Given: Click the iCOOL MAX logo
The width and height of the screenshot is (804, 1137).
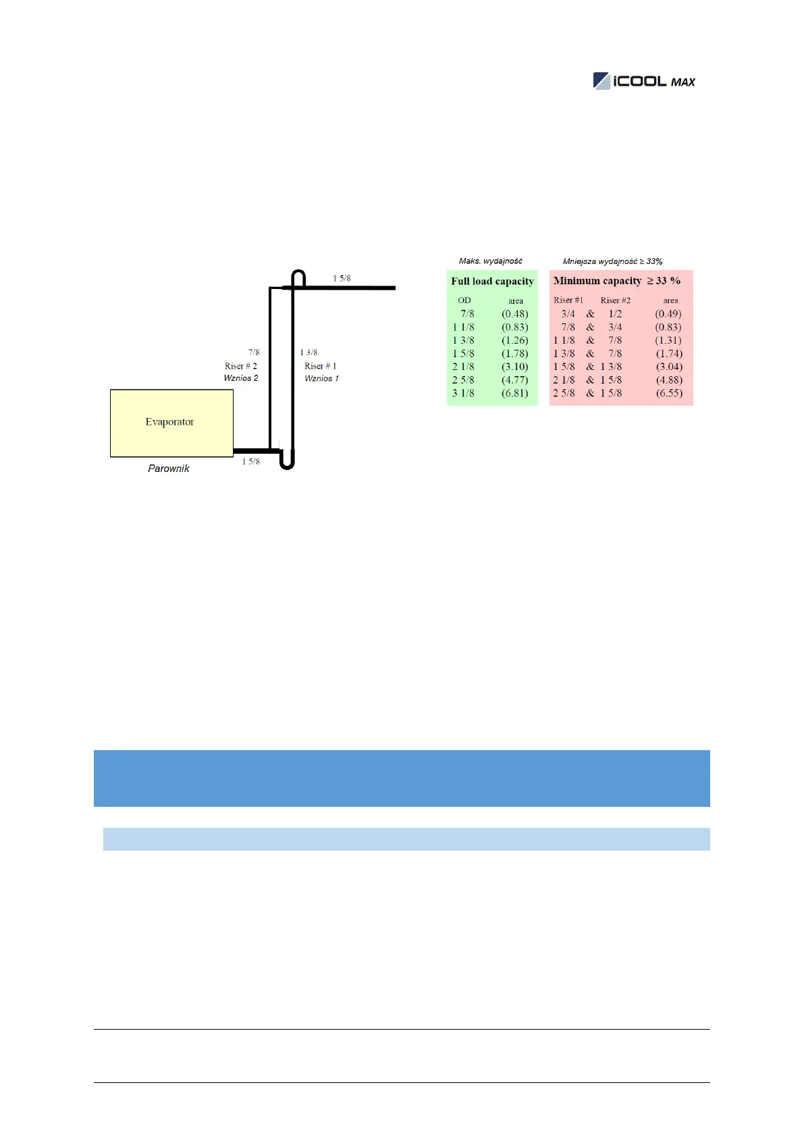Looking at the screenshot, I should pyautogui.click(x=644, y=81).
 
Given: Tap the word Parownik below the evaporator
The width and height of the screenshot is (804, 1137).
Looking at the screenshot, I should pyautogui.click(x=169, y=469).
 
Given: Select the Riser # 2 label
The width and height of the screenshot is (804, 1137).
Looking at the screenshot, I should pyautogui.click(x=241, y=366).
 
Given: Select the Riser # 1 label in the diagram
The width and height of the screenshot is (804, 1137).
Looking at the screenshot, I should pyautogui.click(x=321, y=366).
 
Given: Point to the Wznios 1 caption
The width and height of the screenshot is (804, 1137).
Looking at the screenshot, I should pyautogui.click(x=321, y=378).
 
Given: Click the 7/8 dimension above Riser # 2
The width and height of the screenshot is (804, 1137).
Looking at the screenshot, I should pyautogui.click(x=254, y=352).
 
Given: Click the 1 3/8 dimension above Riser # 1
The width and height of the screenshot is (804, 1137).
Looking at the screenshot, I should pyautogui.click(x=309, y=352).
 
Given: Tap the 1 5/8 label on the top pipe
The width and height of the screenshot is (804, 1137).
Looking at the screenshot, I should pyautogui.click(x=342, y=278).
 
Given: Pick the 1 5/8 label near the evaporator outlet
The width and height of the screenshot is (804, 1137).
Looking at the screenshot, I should pyautogui.click(x=251, y=462).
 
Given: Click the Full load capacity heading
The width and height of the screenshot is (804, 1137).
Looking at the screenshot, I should pyautogui.click(x=492, y=282).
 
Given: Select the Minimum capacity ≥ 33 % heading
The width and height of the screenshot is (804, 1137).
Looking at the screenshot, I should pyautogui.click(x=617, y=281).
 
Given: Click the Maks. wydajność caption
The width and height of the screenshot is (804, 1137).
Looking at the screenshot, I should pyautogui.click(x=491, y=261).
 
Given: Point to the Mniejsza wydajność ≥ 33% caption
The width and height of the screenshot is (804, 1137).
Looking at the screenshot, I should pyautogui.click(x=612, y=261).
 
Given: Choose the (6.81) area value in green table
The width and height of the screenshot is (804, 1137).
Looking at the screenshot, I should pyautogui.click(x=515, y=393).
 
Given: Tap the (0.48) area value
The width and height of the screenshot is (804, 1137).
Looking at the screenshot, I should pyautogui.click(x=515, y=314).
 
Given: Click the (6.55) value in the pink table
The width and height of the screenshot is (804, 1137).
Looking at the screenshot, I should pyautogui.click(x=669, y=393).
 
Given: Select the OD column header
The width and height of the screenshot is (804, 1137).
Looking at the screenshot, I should pyautogui.click(x=464, y=300).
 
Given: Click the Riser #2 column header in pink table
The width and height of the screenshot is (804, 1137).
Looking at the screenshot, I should pyautogui.click(x=615, y=300).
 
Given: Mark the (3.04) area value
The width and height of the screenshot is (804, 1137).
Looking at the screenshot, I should pyautogui.click(x=669, y=367).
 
